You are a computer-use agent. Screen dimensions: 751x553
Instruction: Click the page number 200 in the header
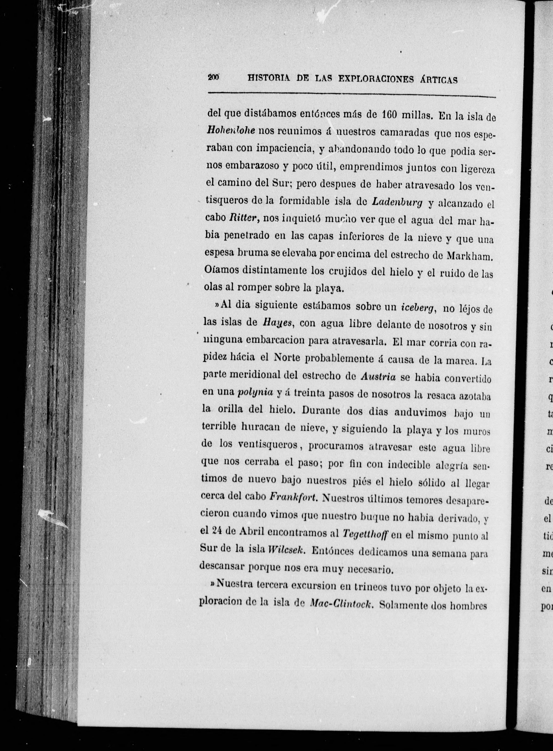(x=213, y=77)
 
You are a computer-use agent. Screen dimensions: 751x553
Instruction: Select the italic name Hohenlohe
(x=231, y=131)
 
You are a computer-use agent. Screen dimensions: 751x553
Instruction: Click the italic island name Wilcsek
(x=286, y=551)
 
